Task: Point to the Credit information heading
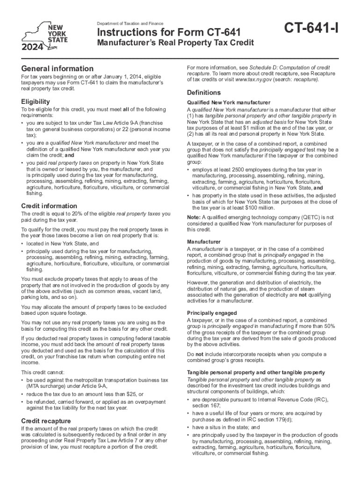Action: click(x=49, y=206)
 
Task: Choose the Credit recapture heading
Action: click(x=46, y=420)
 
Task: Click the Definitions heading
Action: click(x=204, y=92)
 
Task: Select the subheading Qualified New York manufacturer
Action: click(x=228, y=102)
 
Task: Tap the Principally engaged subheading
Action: click(x=211, y=313)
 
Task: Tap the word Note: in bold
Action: click(x=194, y=218)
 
